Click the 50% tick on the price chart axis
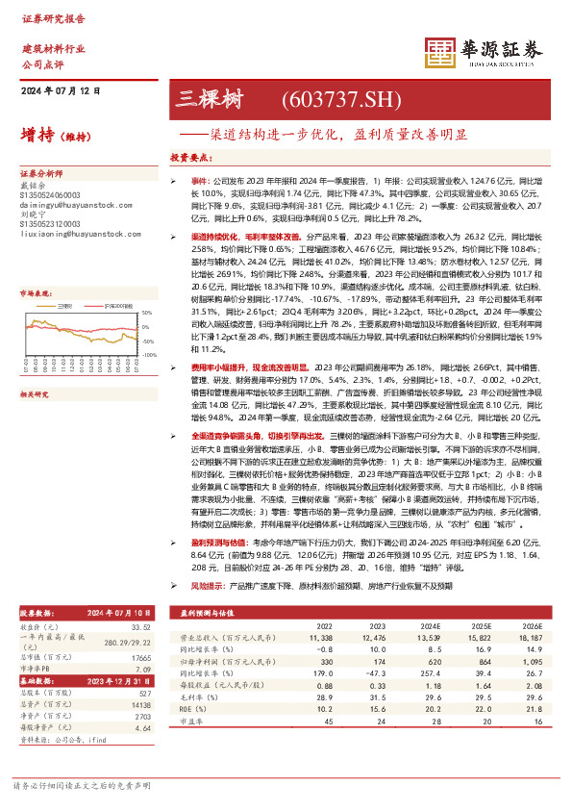point(145,314)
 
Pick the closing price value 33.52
point(140,654)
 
